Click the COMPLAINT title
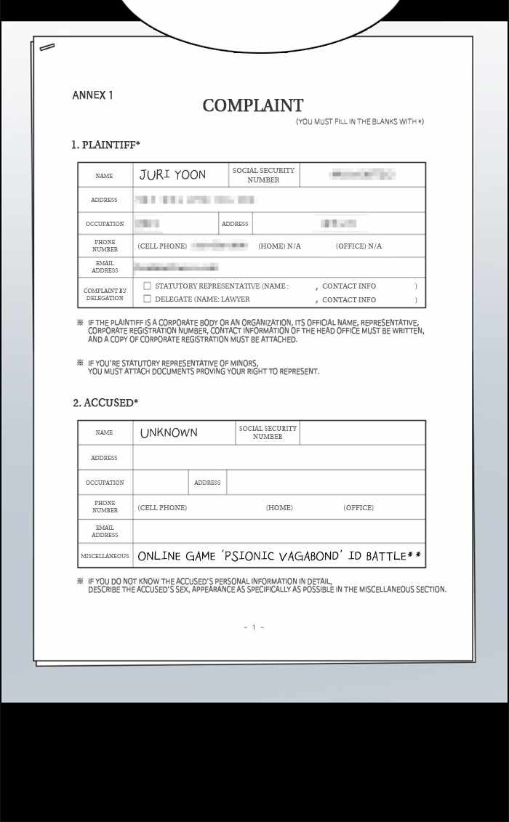tap(253, 105)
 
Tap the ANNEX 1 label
tap(92, 95)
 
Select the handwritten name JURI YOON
tap(172, 174)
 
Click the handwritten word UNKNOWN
tap(169, 432)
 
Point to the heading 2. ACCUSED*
tap(105, 403)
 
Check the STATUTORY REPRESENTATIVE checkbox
tap(148, 286)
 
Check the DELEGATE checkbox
tap(148, 299)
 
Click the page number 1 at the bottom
tap(254, 627)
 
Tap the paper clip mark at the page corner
tap(47, 47)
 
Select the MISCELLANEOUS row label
tap(105, 556)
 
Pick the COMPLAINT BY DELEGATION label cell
tap(105, 294)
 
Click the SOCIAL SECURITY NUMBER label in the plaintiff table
tap(263, 175)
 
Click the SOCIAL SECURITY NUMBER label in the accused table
tap(268, 432)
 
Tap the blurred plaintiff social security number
tap(361, 174)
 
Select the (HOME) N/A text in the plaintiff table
tap(279, 246)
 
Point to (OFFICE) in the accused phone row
tap(358, 507)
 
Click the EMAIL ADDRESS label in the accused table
tap(105, 531)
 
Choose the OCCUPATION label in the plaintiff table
tap(105, 224)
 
